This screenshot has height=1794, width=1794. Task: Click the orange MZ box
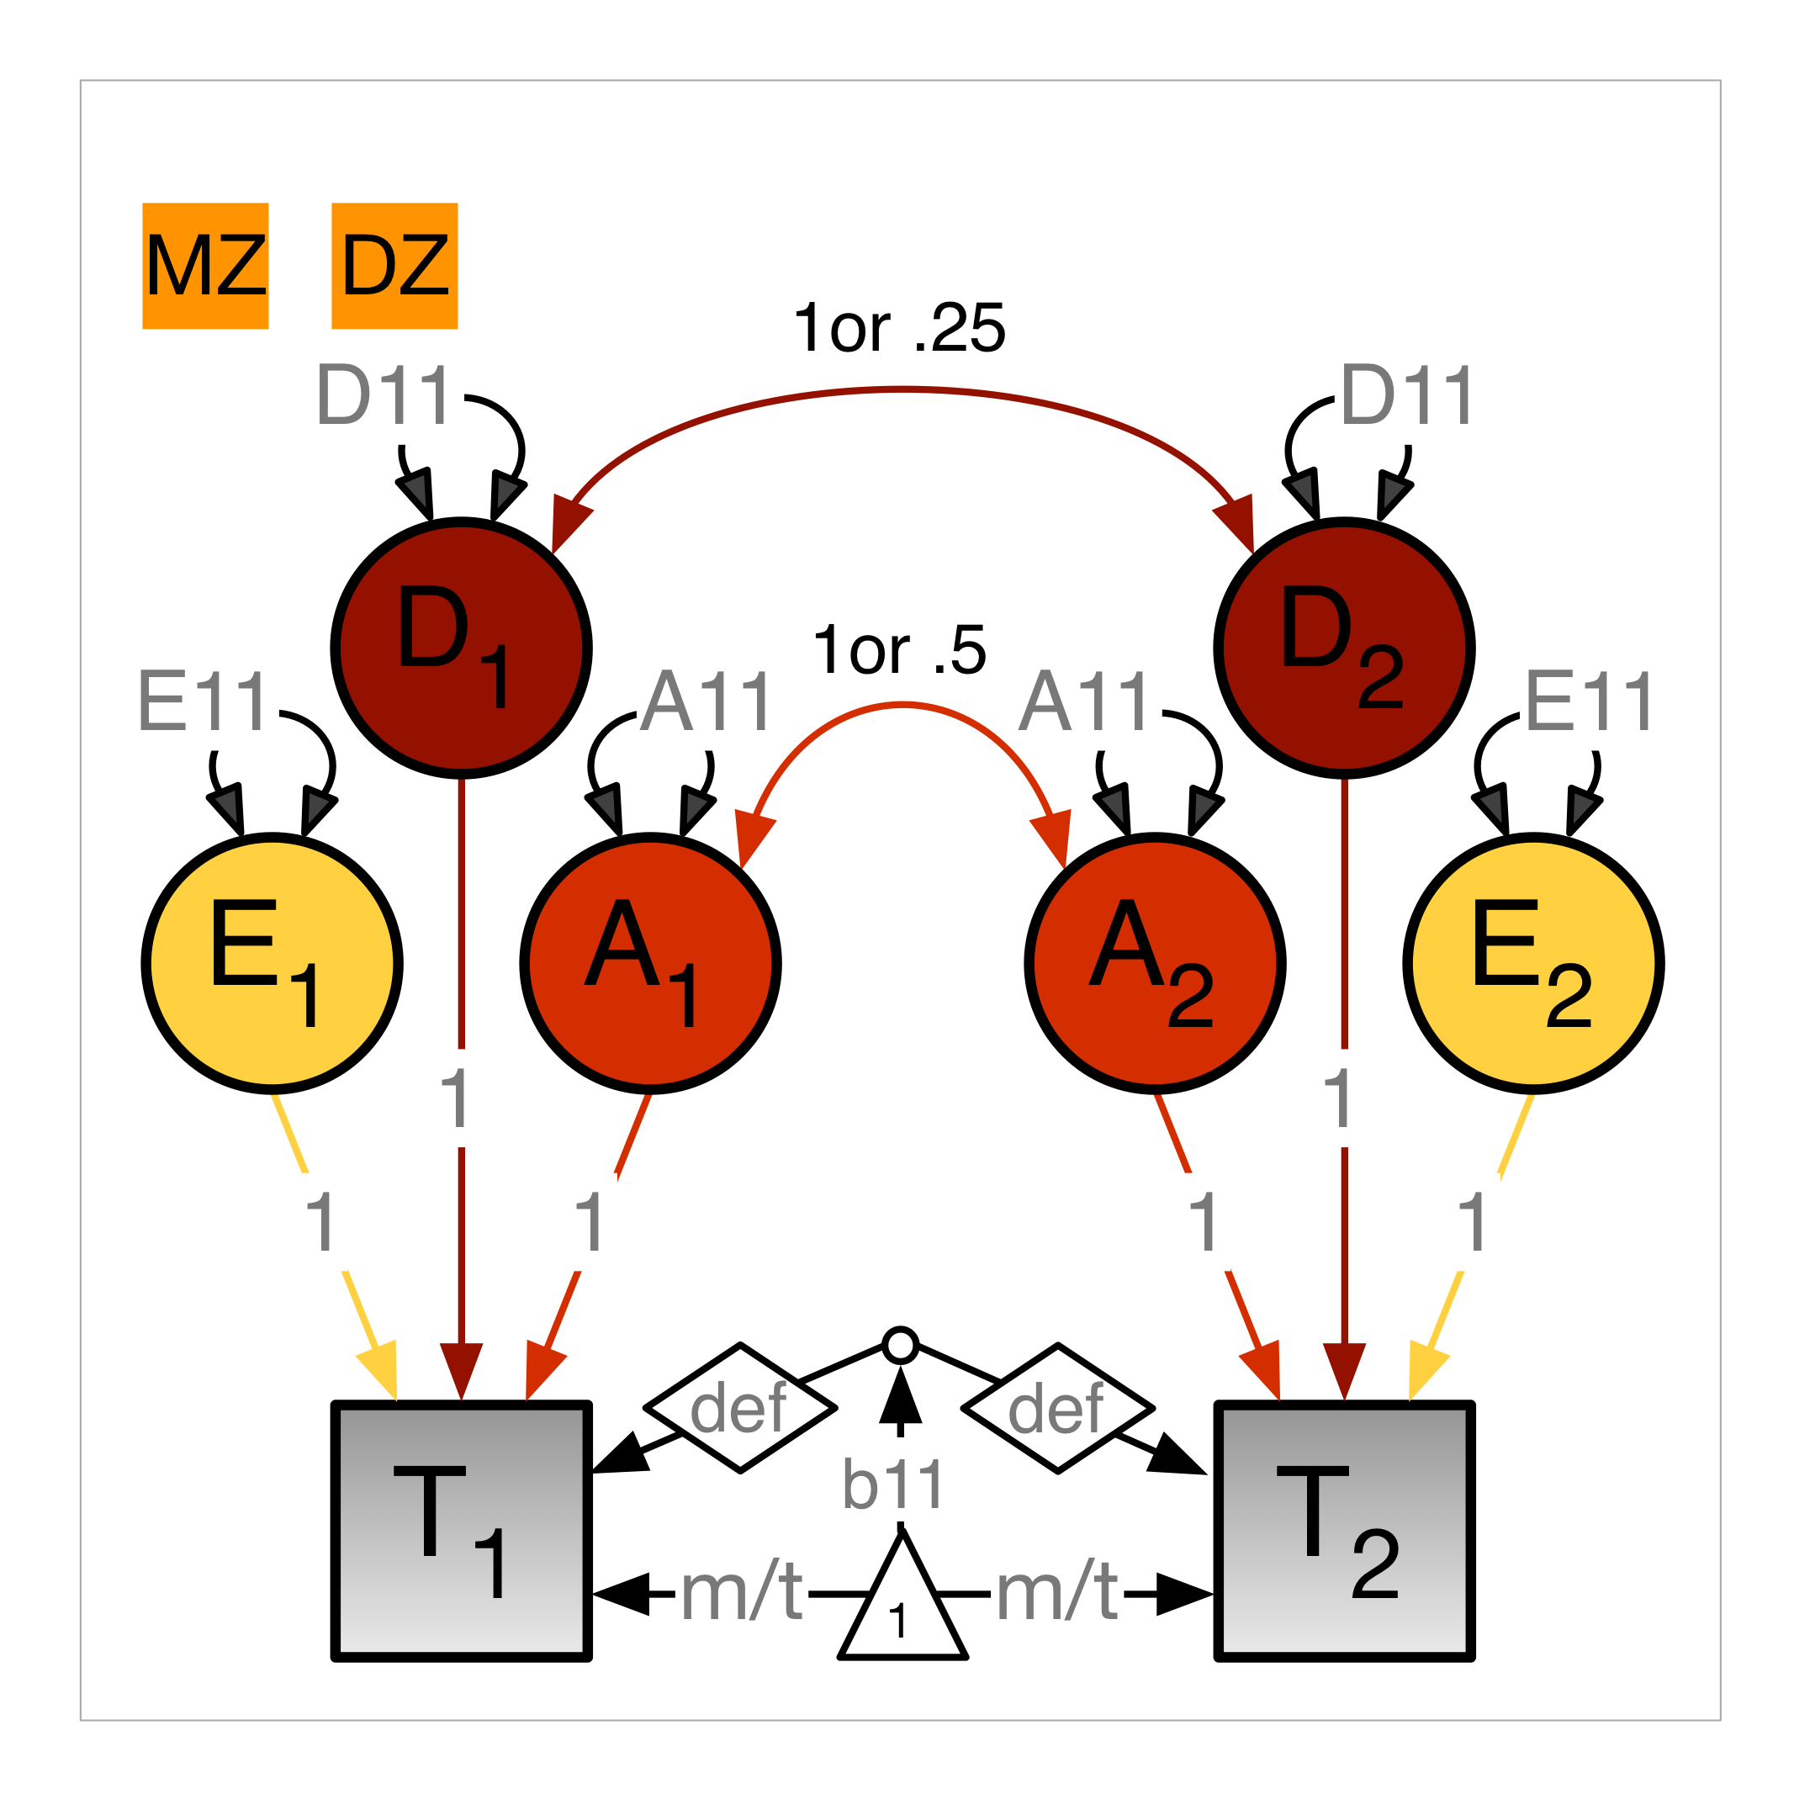pyautogui.click(x=205, y=266)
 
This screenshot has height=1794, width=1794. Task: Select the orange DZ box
pyautogui.click(x=394, y=266)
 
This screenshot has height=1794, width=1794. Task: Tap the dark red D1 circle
pyautogui.click(x=462, y=648)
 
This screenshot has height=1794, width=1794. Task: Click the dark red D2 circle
pyautogui.click(x=1345, y=648)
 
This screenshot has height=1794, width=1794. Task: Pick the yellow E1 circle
pyautogui.click(x=272, y=963)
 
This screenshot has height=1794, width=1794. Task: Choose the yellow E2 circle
pyautogui.click(x=1534, y=963)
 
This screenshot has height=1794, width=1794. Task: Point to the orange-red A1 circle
pyautogui.click(x=650, y=963)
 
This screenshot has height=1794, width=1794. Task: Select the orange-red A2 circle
pyautogui.click(x=1155, y=963)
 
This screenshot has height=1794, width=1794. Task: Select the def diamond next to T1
pyautogui.click(x=740, y=1408)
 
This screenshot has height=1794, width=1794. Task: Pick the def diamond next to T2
pyautogui.click(x=1057, y=1408)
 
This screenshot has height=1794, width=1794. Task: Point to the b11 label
pyautogui.click(x=893, y=1484)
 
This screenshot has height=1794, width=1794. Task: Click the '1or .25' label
pyautogui.click(x=899, y=328)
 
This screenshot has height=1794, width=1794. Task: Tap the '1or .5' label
pyautogui.click(x=899, y=650)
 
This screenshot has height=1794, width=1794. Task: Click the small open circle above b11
pyautogui.click(x=901, y=1346)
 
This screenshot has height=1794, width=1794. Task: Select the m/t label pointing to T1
pyautogui.click(x=741, y=1594)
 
